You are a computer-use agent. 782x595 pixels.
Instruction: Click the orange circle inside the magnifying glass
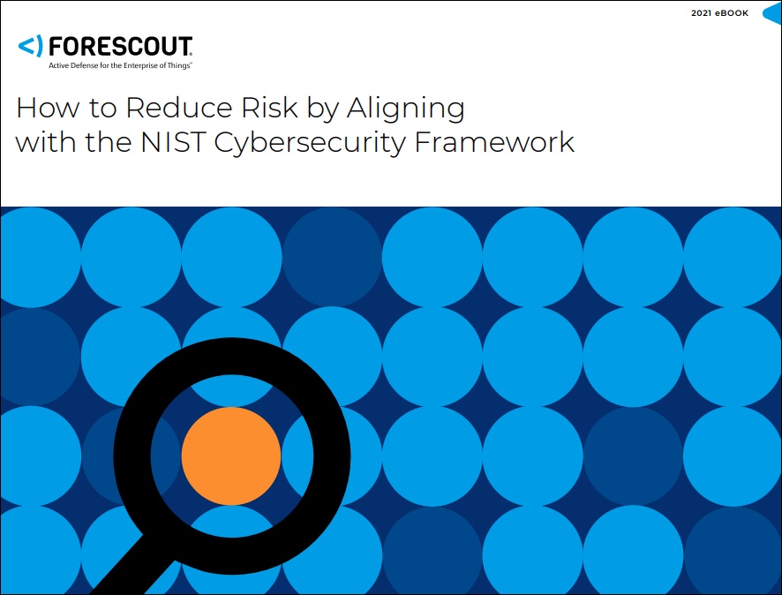tap(231, 456)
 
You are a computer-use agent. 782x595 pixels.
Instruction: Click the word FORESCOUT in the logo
tap(120, 47)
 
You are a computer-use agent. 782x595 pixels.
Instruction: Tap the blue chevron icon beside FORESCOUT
tap(30, 46)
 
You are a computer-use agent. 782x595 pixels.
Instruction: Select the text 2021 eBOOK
tap(719, 13)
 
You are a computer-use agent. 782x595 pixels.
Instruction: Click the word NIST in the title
tap(173, 141)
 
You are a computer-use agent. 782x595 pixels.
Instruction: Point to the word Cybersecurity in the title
tap(310, 144)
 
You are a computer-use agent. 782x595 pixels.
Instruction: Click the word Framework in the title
tap(494, 141)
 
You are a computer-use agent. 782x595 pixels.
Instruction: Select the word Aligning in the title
tap(406, 109)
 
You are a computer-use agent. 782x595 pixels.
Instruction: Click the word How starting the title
tap(48, 107)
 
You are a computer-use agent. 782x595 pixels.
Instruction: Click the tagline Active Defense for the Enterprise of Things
tap(120, 65)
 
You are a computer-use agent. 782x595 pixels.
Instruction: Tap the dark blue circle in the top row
tap(332, 257)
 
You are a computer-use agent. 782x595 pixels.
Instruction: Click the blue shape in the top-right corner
tap(772, 13)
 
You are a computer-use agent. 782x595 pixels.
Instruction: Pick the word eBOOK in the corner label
tap(732, 13)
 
